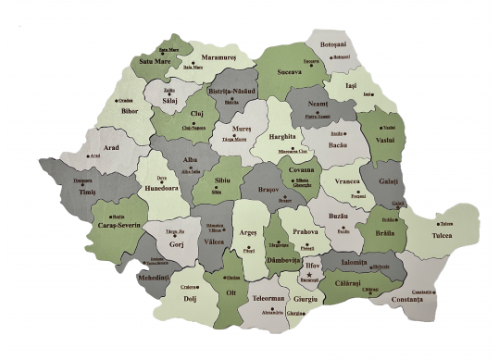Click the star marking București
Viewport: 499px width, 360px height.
(x=309, y=275)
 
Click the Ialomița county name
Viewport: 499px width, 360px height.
(x=354, y=262)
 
